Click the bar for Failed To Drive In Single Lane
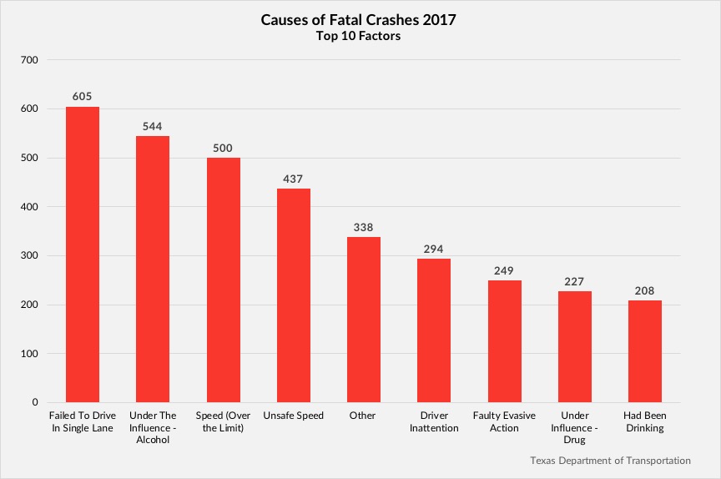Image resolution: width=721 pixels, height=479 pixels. point(83,255)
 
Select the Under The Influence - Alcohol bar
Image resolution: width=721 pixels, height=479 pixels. point(153,269)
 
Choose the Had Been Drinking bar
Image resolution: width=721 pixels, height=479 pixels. point(644,351)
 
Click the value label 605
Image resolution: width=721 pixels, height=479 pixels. point(83,97)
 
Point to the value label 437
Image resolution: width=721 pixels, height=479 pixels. point(294,179)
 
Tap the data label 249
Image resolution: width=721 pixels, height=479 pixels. point(504,270)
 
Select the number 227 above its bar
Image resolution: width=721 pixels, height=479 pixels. point(574,281)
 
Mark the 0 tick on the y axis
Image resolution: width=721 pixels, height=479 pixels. point(34,403)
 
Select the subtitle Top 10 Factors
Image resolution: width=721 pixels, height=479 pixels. point(360,37)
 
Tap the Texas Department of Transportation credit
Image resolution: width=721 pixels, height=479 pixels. point(610,460)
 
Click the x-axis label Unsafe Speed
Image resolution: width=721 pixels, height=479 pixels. point(294,416)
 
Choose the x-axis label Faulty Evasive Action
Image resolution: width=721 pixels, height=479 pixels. point(504,421)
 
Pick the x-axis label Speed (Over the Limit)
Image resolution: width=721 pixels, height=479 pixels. point(224,421)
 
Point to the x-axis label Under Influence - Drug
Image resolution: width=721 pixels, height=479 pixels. point(574,427)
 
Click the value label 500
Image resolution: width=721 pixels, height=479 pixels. point(224,148)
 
